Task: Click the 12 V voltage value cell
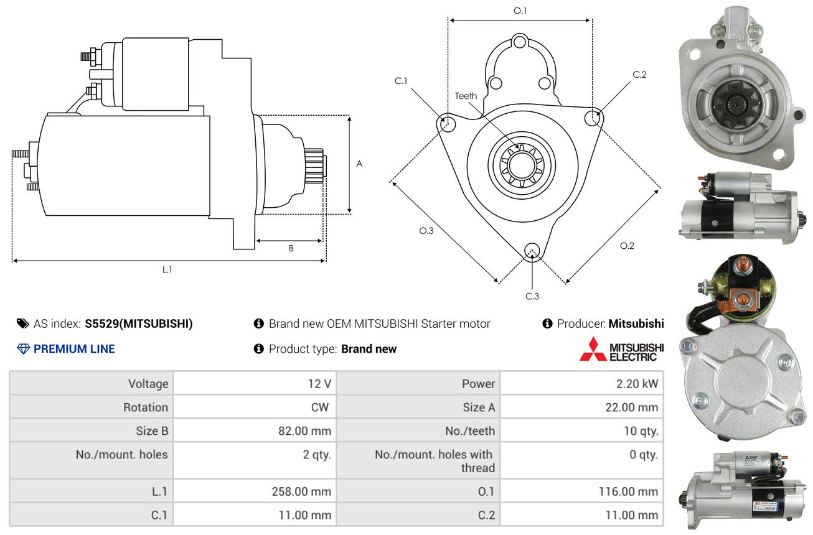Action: pyautogui.click(x=319, y=384)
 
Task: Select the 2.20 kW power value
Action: pyautogui.click(x=637, y=384)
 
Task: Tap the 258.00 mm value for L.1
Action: pyautogui.click(x=301, y=491)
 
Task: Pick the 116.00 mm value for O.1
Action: pyautogui.click(x=628, y=491)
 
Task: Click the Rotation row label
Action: pyautogui.click(x=145, y=407)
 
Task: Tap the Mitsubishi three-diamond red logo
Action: pyautogui.click(x=593, y=350)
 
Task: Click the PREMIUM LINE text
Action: pyautogui.click(x=73, y=349)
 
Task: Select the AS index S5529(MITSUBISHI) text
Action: pyautogui.click(x=139, y=324)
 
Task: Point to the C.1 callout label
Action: pyautogui.click(x=400, y=81)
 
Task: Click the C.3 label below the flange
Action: pyautogui.click(x=532, y=296)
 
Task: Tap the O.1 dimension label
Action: pyautogui.click(x=520, y=11)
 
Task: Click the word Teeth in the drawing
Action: pyautogui.click(x=466, y=96)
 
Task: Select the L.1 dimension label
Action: pyautogui.click(x=167, y=269)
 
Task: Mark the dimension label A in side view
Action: pyautogui.click(x=359, y=164)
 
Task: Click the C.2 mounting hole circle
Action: pyautogui.click(x=593, y=117)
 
